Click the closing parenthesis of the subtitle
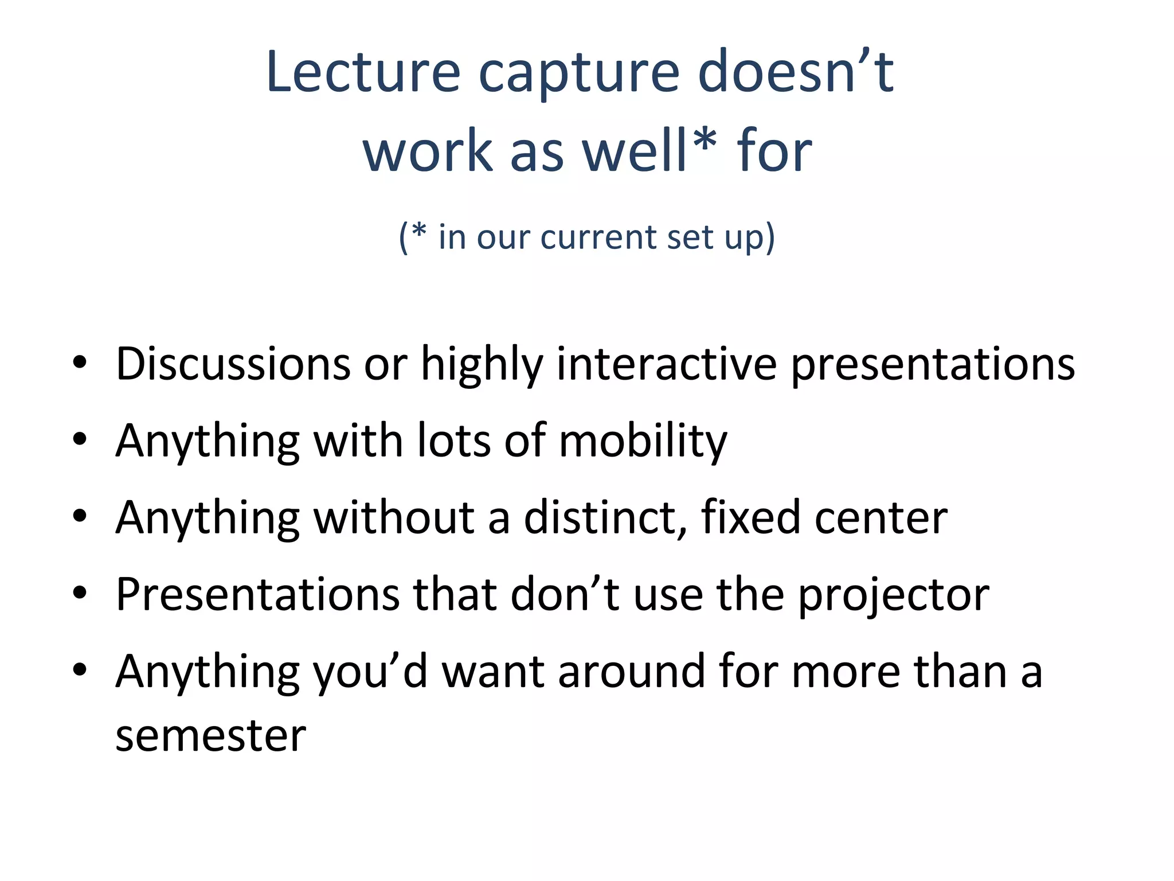(x=770, y=238)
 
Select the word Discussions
(x=233, y=364)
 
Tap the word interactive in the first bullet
(x=667, y=364)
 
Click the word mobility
(x=643, y=442)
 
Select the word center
(x=881, y=519)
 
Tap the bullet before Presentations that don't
(x=80, y=593)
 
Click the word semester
(x=210, y=736)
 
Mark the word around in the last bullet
(x=631, y=672)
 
